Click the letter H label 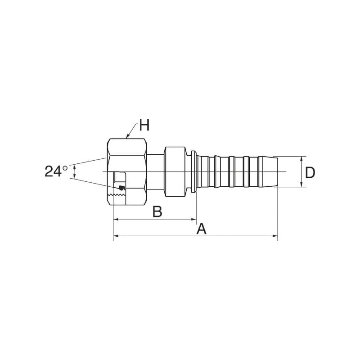pyautogui.click(x=144, y=125)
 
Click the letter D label pyautogui.click(x=310, y=173)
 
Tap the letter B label pyautogui.click(x=157, y=211)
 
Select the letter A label pyautogui.click(x=201, y=229)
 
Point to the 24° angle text pyautogui.click(x=56, y=171)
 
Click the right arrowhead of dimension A pyautogui.click(x=275, y=236)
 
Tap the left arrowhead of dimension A pyautogui.click(x=117, y=236)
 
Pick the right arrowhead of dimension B pyautogui.click(x=193, y=220)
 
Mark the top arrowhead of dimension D pyautogui.click(x=301, y=159)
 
